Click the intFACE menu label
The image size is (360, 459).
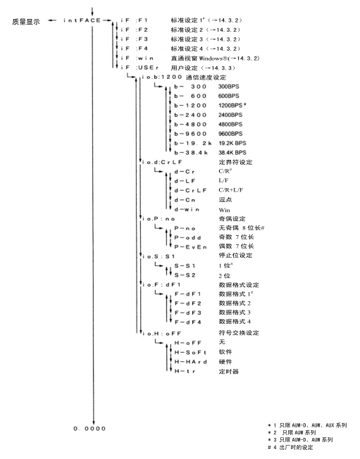tap(82, 20)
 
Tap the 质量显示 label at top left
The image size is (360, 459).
tap(26, 22)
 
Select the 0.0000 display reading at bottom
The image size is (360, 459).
tap(89, 429)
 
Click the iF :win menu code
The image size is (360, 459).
tap(137, 58)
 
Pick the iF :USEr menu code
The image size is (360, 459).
tap(139, 68)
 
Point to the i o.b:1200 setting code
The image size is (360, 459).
tap(162, 77)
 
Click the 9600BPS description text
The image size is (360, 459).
tap(230, 134)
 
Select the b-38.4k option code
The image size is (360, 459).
tap(191, 153)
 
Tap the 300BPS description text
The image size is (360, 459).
tap(229, 87)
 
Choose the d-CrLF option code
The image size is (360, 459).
tap(190, 191)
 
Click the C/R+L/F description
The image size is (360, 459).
tap(231, 190)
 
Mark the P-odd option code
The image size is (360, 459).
tap(187, 238)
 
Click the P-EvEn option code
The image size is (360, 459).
tap(190, 247)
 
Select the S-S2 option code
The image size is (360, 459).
tap(185, 275)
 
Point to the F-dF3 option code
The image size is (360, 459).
tap(188, 313)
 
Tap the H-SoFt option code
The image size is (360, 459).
tap(190, 353)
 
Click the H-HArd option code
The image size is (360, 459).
tap(190, 362)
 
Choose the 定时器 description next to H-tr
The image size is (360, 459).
tap(229, 371)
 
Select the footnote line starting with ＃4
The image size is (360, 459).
tap(290, 447)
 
